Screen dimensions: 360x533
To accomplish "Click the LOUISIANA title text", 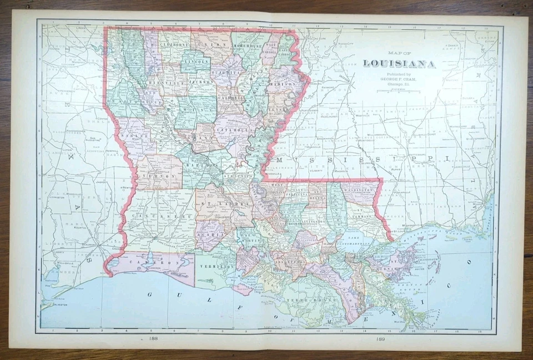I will tap(399, 64).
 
